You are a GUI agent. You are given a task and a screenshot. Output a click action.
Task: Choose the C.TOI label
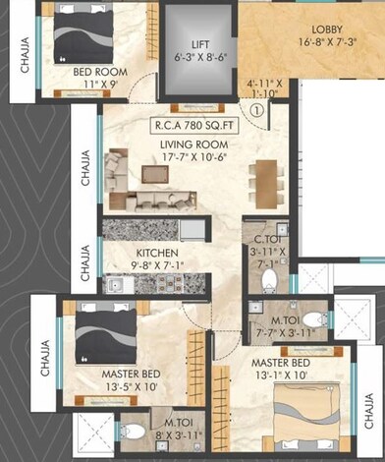pos(269,238)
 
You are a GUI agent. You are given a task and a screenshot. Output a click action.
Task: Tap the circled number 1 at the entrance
pos(256,110)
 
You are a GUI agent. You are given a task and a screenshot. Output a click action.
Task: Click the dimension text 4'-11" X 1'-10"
pos(264,88)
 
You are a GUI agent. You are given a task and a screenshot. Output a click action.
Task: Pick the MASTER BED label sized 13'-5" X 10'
pos(131,375)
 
